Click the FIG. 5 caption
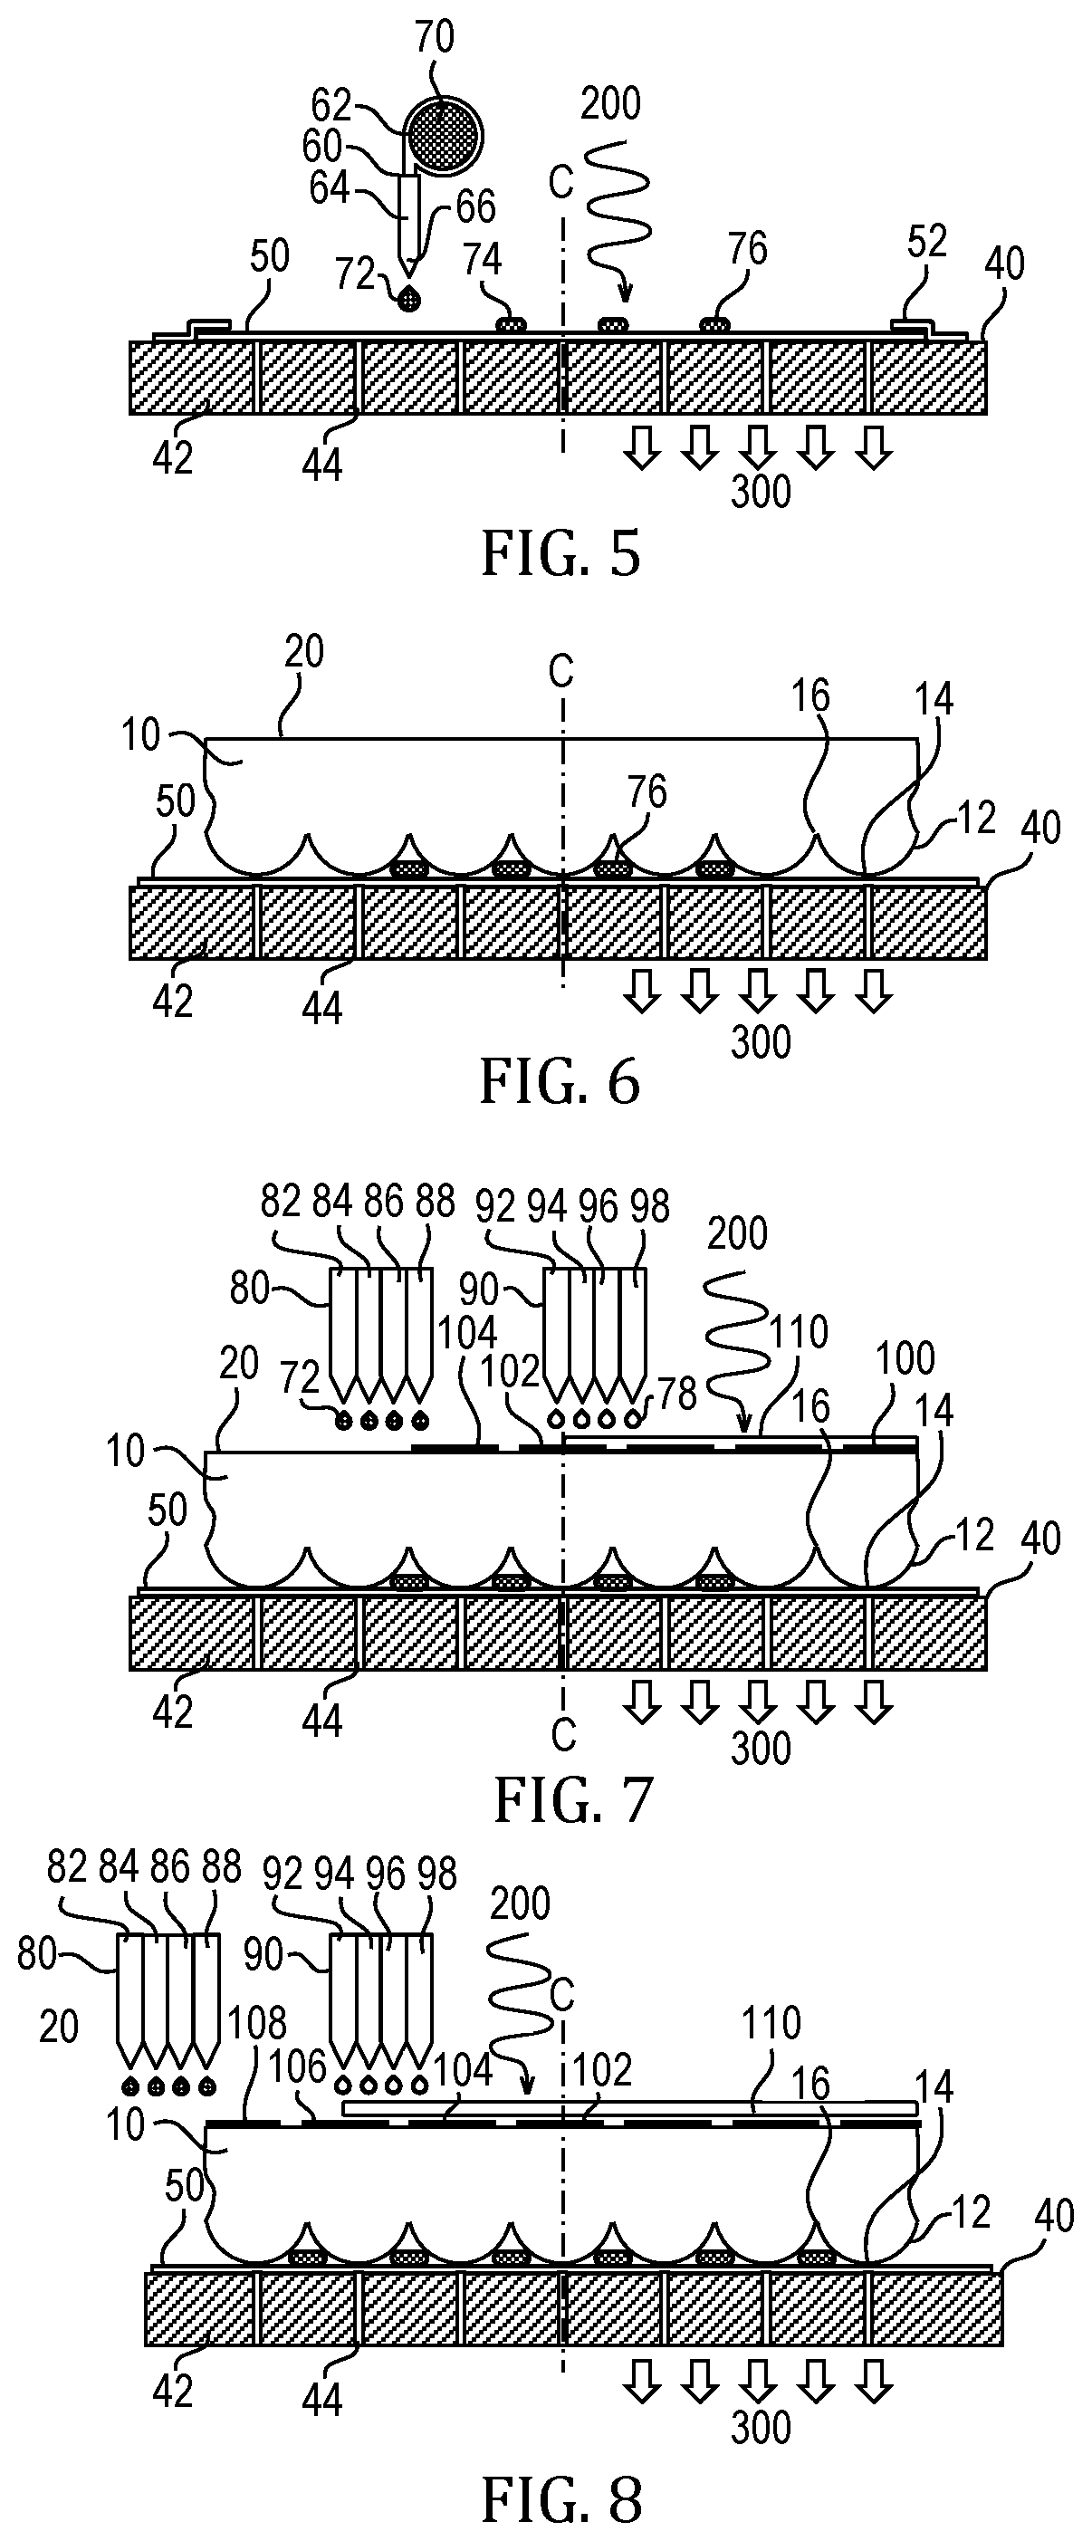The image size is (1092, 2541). point(560,553)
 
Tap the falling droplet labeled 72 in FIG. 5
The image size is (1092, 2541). point(407,299)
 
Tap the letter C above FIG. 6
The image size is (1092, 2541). point(560,672)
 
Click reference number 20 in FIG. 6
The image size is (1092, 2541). point(302,652)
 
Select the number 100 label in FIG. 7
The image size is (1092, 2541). point(905,1359)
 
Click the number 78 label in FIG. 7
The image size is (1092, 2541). point(677,1395)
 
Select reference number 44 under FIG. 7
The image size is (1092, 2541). point(321,1721)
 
